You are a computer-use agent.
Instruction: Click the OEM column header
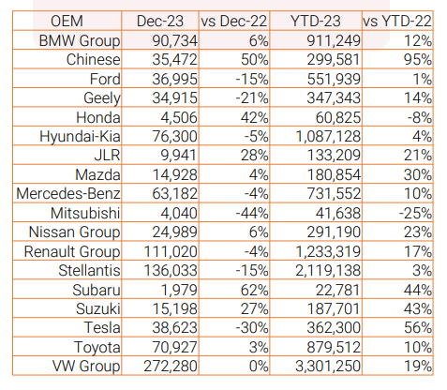point(67,22)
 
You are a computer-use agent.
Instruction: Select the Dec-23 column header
point(160,22)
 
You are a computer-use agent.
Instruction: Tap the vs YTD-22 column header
point(397,22)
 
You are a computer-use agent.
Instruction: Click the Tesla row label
point(102,328)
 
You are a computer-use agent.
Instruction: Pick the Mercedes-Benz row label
point(68,194)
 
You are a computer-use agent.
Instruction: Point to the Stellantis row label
point(89,270)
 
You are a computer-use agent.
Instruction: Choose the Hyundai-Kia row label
point(80,137)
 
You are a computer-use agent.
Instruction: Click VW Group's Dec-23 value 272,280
point(171,367)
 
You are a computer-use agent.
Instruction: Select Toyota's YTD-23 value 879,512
point(334,347)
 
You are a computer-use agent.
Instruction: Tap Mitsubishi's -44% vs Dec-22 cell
point(252,213)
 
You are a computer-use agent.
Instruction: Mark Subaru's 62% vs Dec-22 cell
point(255,290)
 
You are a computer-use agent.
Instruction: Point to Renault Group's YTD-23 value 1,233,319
point(328,251)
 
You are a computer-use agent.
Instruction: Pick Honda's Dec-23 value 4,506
point(179,117)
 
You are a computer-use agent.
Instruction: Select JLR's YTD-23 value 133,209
point(334,156)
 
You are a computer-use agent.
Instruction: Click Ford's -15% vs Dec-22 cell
point(252,79)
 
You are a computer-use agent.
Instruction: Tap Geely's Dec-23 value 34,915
point(175,98)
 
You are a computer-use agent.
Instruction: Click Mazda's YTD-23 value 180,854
point(334,174)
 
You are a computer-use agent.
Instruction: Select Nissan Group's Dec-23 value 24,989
point(175,232)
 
